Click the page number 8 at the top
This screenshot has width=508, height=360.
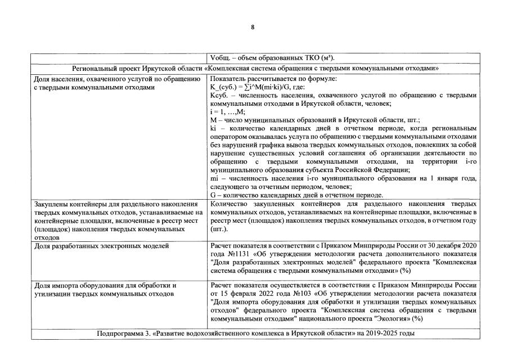coord(253,27)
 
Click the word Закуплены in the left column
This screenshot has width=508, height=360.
coord(51,204)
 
